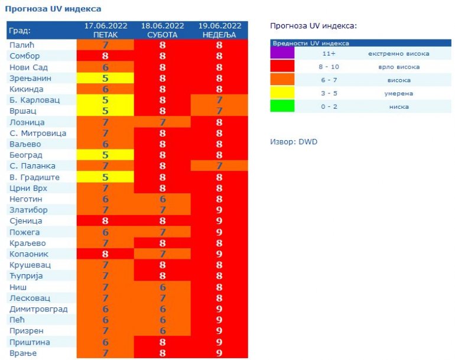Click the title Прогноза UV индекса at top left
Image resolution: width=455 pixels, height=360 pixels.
click(x=53, y=9)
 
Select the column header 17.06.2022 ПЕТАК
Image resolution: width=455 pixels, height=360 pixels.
click(x=105, y=30)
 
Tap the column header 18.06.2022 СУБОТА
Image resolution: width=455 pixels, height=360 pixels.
click(x=162, y=30)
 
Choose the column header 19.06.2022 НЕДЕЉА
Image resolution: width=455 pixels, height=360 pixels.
click(x=219, y=30)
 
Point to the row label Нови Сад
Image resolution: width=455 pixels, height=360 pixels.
click(x=28, y=67)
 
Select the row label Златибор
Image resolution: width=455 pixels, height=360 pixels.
click(x=28, y=210)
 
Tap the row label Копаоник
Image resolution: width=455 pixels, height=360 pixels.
click(x=28, y=254)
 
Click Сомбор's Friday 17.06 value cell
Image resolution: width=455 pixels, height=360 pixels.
click(x=105, y=56)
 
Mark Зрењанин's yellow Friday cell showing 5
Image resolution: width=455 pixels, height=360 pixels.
click(x=105, y=78)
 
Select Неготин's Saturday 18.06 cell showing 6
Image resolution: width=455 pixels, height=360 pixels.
click(x=162, y=199)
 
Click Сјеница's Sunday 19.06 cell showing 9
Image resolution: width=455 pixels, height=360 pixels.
click(x=219, y=221)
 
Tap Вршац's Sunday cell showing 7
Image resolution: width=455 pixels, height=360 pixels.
click(x=219, y=111)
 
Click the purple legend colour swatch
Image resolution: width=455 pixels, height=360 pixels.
click(x=282, y=54)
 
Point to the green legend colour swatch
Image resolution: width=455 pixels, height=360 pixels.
click(x=282, y=106)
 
